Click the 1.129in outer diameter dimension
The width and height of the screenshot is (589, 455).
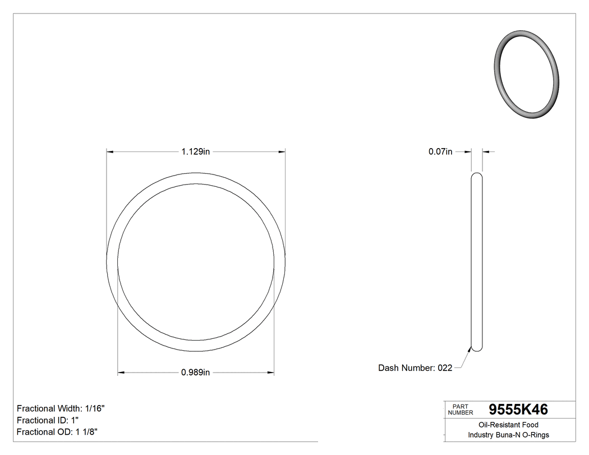pos(195,151)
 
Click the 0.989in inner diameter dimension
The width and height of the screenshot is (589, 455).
pos(195,373)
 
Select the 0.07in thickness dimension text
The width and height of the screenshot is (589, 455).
pos(440,151)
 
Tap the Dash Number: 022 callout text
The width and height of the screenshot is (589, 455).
pos(415,368)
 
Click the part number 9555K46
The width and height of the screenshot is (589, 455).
pos(518,410)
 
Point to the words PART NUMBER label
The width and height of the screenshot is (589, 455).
pos(461,410)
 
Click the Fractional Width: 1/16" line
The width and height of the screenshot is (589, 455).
pos(61,408)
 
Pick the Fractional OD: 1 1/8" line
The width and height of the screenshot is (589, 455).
pos(58,432)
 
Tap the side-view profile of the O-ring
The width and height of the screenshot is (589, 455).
pos(476,261)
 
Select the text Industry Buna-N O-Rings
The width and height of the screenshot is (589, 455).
pos(508,435)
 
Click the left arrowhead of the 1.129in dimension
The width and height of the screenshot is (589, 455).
pos(111,151)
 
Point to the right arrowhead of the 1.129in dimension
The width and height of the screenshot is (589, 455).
pos(282,151)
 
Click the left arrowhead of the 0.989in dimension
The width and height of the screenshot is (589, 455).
pos(121,373)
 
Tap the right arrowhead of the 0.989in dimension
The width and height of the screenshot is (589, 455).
pos(270,373)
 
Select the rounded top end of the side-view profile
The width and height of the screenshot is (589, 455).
pos(476,175)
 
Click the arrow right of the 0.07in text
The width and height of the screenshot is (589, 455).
pos(467,151)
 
